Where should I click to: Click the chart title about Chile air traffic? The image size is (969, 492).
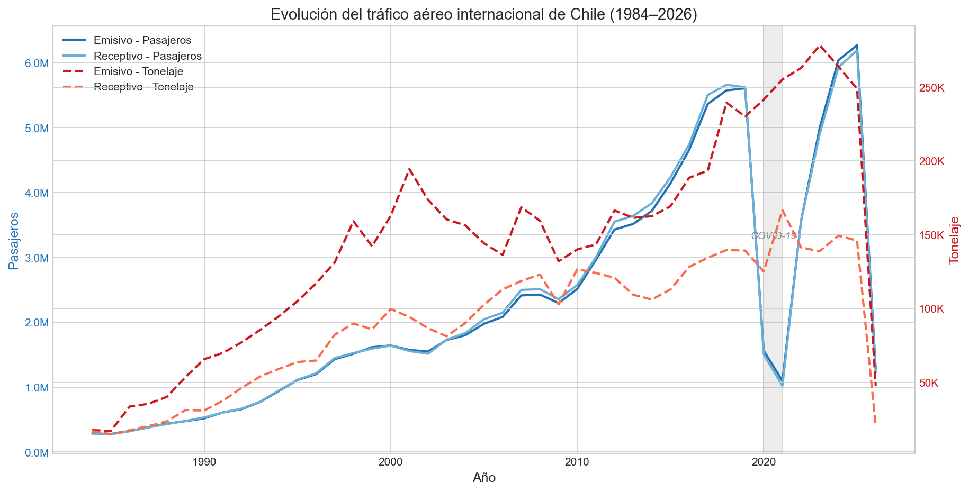(x=483, y=14)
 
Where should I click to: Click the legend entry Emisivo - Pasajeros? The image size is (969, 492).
(x=142, y=40)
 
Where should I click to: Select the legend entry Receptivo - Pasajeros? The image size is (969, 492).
(x=147, y=56)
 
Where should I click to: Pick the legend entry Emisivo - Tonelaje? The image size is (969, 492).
(x=138, y=71)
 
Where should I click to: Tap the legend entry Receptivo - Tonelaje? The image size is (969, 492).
(x=143, y=87)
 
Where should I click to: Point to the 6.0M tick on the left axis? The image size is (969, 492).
(x=37, y=63)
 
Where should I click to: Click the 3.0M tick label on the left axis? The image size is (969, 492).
(x=37, y=258)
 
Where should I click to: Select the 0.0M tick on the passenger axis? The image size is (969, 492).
(x=37, y=453)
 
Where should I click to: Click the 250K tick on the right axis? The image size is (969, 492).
(x=932, y=88)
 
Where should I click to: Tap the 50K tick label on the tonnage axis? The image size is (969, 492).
(x=930, y=383)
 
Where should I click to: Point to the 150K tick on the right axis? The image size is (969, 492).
(x=932, y=235)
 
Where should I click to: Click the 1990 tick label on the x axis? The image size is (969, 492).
(x=204, y=462)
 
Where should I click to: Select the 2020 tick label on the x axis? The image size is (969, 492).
(x=764, y=462)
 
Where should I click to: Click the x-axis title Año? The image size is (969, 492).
(x=484, y=478)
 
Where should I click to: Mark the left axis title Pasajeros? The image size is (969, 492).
(x=14, y=241)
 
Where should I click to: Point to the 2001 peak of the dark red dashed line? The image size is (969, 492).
(x=409, y=169)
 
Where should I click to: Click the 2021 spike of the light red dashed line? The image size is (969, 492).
(x=782, y=211)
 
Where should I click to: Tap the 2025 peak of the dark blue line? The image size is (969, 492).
(x=857, y=45)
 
